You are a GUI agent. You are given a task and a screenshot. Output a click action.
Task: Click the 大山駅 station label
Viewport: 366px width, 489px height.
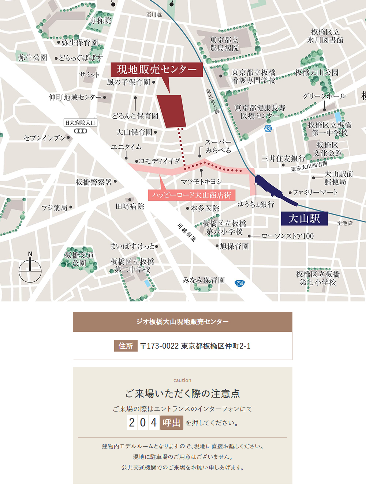(304, 219)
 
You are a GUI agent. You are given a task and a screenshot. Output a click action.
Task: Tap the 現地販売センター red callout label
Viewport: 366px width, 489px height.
(157, 69)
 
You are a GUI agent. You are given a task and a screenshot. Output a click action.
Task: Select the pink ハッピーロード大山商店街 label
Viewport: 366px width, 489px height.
(191, 195)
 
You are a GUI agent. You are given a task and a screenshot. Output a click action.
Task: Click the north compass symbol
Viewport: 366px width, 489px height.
(30, 270)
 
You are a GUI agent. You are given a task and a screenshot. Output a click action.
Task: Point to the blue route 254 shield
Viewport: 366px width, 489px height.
(240, 283)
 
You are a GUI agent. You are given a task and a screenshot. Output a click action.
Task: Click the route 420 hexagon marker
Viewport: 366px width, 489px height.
(268, 129)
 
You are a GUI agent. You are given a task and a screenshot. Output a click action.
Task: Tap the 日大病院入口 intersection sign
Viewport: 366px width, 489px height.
(81, 123)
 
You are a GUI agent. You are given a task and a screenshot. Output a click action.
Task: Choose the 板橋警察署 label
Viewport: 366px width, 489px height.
(94, 182)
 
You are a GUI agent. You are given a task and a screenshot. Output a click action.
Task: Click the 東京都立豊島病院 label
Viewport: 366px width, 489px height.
(224, 44)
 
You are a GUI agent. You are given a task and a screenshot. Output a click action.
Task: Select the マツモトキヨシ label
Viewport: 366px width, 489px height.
(201, 181)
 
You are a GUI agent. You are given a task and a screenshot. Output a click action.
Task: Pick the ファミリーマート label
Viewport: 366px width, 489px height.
(315, 192)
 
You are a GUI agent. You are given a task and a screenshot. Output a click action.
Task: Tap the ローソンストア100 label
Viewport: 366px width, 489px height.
(288, 236)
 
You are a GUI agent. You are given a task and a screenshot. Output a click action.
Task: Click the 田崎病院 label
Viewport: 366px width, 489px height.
(130, 206)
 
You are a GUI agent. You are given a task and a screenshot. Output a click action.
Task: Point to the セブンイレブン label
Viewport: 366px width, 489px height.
(44, 138)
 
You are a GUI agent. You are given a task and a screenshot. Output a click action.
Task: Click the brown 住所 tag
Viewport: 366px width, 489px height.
(126, 346)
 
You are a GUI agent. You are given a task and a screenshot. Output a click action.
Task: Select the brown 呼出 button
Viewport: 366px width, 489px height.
(171, 423)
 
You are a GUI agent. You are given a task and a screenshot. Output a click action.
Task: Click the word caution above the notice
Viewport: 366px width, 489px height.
(182, 380)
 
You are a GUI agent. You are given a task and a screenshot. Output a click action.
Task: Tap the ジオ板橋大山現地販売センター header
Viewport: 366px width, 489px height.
(182, 322)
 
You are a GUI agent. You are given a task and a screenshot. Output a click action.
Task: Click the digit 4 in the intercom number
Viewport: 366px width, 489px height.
(154, 423)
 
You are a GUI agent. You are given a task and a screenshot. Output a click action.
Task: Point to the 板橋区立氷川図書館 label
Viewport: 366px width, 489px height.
(325, 36)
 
